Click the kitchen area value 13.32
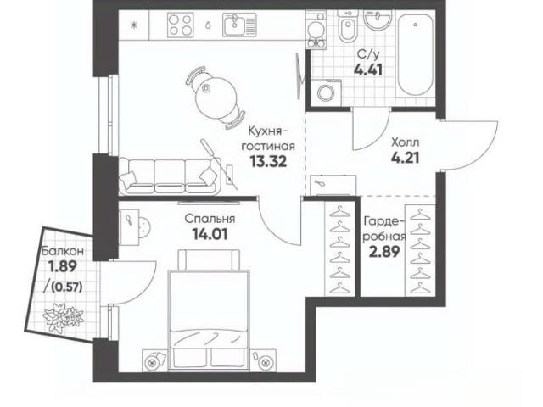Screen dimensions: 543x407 pyautogui.click(x=268, y=161)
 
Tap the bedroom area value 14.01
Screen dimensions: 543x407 pyautogui.click(x=210, y=234)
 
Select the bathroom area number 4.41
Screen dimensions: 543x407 pyautogui.click(x=367, y=70)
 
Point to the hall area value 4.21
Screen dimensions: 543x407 pyautogui.click(x=406, y=158)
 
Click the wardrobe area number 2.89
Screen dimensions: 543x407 pyautogui.click(x=384, y=252)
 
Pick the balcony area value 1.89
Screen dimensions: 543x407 pyautogui.click(x=62, y=266)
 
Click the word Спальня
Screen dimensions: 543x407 pyautogui.click(x=210, y=219)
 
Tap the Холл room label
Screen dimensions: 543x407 pyautogui.click(x=406, y=142)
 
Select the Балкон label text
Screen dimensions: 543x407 pyautogui.click(x=63, y=251)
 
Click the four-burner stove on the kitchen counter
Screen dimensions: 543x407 pyautogui.click(x=180, y=25)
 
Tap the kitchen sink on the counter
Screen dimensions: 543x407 pyautogui.click(x=239, y=25)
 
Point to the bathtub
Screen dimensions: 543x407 pyautogui.click(x=415, y=54)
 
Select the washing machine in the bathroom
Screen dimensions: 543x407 pyautogui.click(x=326, y=92)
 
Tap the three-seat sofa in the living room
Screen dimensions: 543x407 pyautogui.click(x=170, y=176)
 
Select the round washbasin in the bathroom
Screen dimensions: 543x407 pyautogui.click(x=378, y=20)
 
